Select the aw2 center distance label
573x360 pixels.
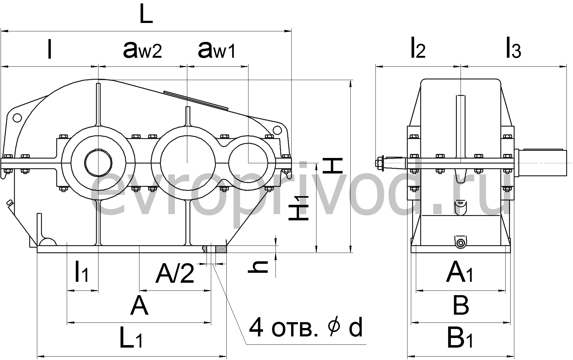pos(143,50)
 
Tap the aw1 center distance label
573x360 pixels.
pos(217,50)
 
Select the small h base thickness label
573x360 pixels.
pos(258,267)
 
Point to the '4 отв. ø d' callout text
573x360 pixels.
pos(306,327)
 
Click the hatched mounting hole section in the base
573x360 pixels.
pos(221,249)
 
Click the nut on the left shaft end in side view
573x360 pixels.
pos(380,162)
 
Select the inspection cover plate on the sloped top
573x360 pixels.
pos(196,100)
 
